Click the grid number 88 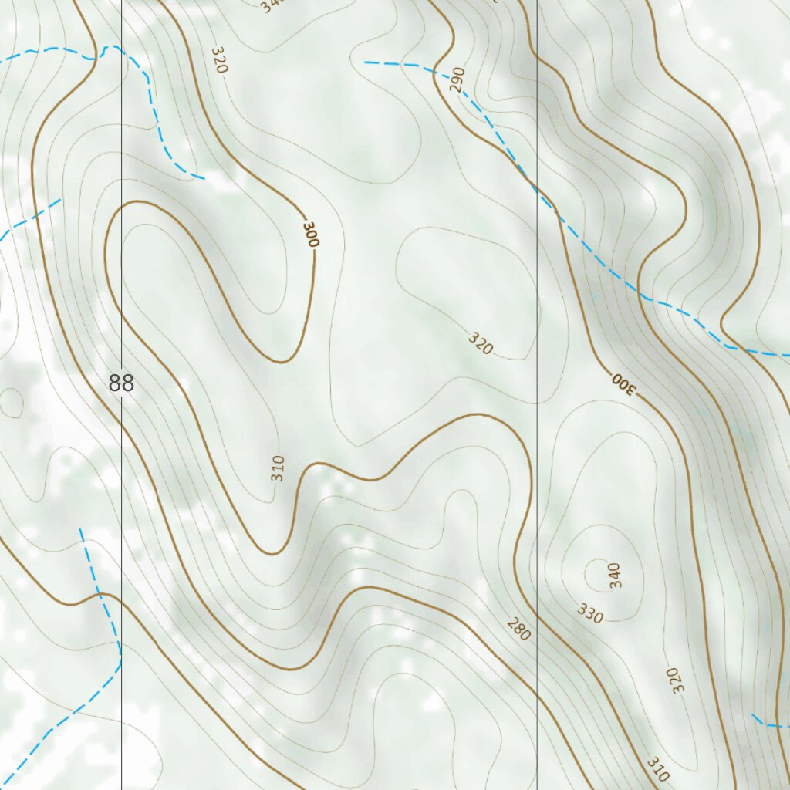click(121, 383)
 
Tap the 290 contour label click(457, 80)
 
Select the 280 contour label click(519, 630)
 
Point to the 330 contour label click(590, 614)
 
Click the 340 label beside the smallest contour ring click(614, 575)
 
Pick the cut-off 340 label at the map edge click(272, 6)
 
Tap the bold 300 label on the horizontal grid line click(623, 383)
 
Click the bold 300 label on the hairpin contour click(311, 234)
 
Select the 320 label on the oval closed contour click(480, 343)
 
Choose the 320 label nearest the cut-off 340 click(219, 60)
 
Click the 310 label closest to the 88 click(279, 468)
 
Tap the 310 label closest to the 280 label click(658, 768)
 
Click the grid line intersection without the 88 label click(537, 383)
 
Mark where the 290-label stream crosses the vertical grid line click(537, 189)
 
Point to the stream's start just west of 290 click(366, 62)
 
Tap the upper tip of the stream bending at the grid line click(80, 529)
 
